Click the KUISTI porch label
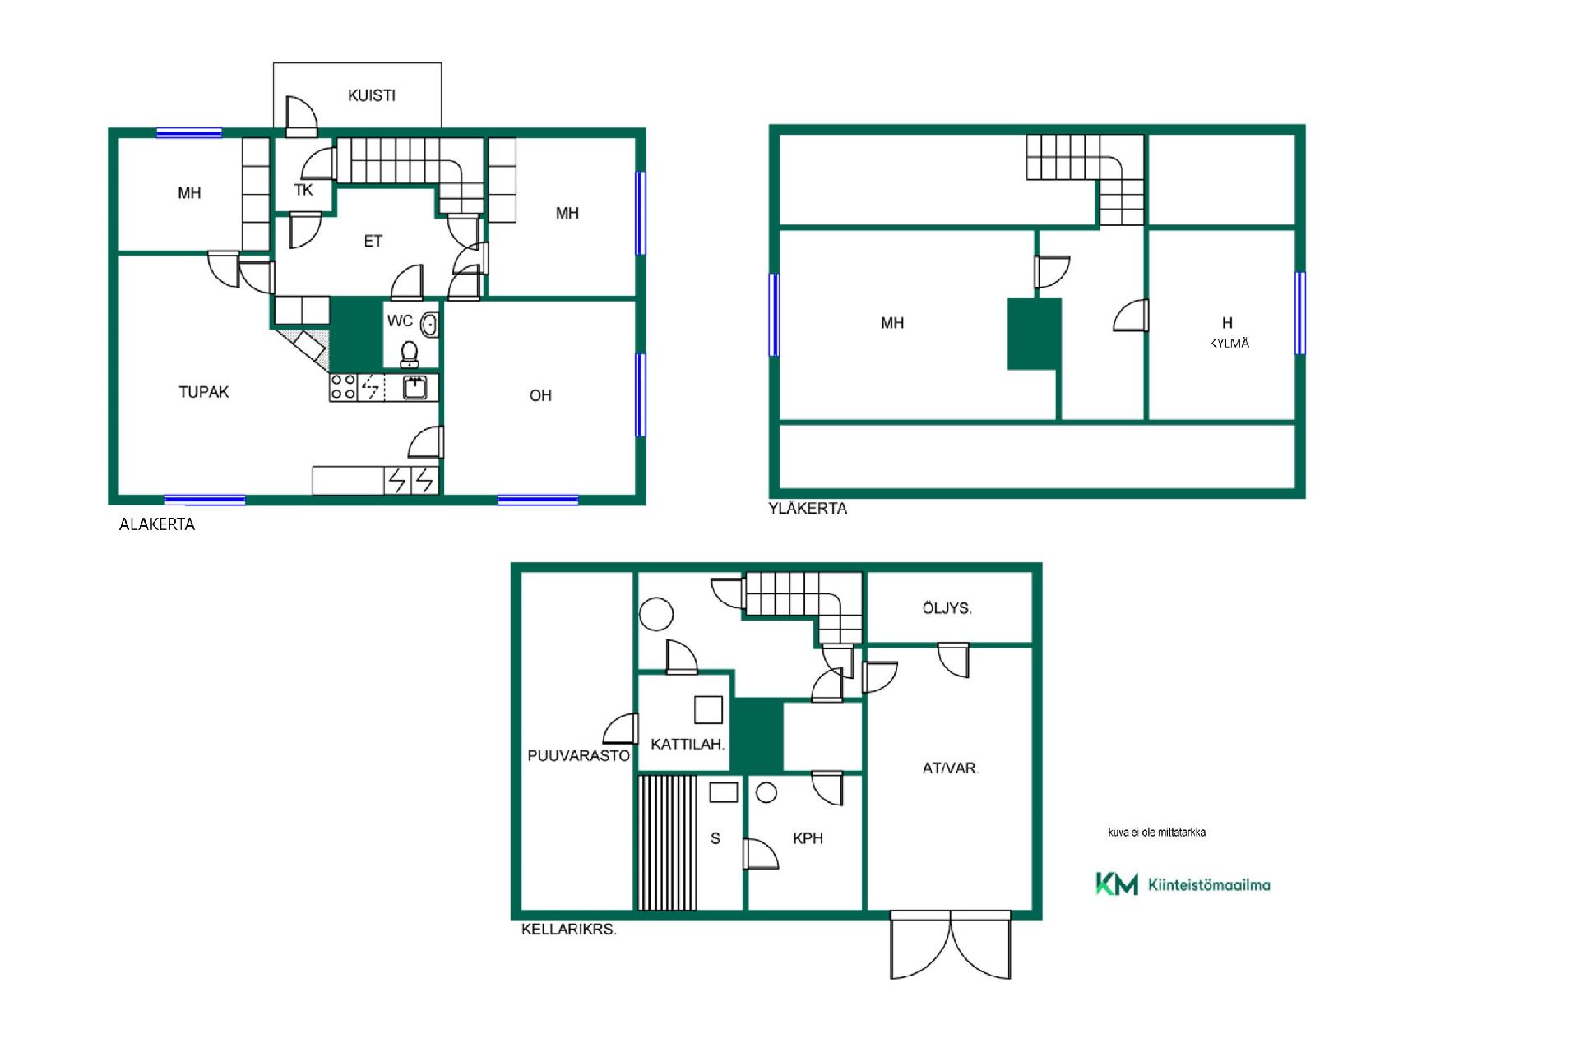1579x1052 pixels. pos(372,95)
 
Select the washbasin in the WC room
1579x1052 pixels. pos(429,325)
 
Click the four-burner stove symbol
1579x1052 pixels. pos(343,387)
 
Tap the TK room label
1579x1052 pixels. pos(303,191)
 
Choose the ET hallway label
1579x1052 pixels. pos(373,242)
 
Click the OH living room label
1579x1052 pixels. pos(540,396)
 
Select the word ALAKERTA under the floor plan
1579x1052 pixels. pos(157,524)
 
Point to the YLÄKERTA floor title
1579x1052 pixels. pos(808,509)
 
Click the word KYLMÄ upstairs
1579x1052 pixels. pos(1229,344)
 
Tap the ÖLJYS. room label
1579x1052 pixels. pos(947,609)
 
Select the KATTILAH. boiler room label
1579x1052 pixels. pos(688,745)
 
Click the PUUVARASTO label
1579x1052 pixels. pos(579,756)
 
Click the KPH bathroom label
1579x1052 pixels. pos(808,839)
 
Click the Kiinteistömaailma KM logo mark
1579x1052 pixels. pos(1117,884)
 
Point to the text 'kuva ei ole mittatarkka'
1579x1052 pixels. pos(1156,833)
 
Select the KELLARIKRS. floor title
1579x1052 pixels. pos(569,930)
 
